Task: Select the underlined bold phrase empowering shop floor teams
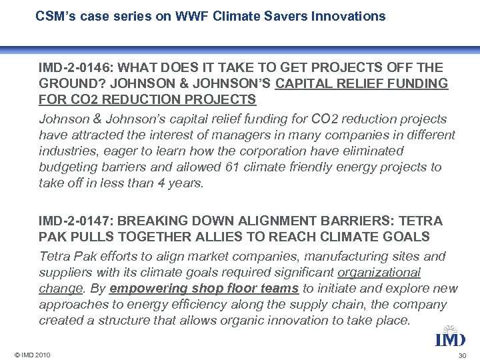[205, 288]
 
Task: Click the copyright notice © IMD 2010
[30, 354]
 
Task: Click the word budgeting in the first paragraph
[67, 167]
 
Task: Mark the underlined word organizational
[379, 272]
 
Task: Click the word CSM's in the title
[55, 16]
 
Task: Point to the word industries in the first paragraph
[66, 151]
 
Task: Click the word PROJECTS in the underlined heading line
[222, 99]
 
